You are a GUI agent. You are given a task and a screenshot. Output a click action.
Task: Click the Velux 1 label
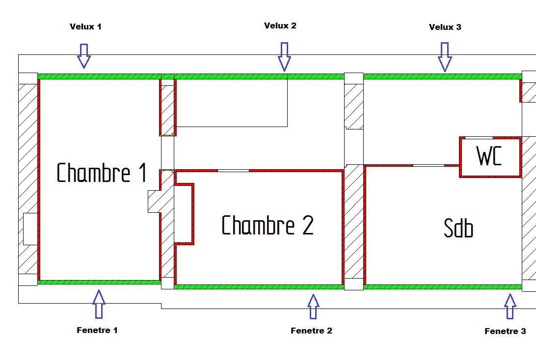[x=85, y=26]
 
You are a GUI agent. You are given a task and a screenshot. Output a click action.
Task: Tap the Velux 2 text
[x=280, y=26]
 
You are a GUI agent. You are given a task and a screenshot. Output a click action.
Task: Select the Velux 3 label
[x=445, y=27]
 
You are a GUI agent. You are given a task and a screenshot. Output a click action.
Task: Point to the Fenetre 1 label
[x=97, y=330]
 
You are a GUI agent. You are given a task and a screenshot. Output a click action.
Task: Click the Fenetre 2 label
[x=311, y=331]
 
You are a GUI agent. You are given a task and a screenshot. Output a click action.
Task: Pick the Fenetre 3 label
[x=505, y=331]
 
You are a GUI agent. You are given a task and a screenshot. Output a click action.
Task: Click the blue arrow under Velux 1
[x=84, y=55]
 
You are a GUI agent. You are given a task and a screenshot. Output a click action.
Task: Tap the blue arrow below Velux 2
[x=284, y=56]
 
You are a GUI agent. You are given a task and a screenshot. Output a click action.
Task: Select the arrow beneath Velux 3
[x=445, y=56]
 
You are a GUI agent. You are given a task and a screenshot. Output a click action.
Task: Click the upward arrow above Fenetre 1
[x=99, y=304]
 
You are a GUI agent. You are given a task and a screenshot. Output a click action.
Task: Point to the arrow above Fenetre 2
[x=313, y=306]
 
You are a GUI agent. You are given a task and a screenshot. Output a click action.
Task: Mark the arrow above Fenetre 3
[x=510, y=306]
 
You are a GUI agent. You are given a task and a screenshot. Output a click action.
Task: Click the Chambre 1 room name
[x=102, y=173]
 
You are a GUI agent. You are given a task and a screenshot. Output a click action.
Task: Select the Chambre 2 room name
[x=268, y=226]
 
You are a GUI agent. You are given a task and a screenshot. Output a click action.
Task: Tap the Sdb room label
[x=458, y=228]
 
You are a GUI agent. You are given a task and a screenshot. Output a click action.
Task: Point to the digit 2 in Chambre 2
[x=307, y=226]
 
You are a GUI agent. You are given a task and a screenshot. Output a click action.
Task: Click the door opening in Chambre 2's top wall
[x=233, y=170]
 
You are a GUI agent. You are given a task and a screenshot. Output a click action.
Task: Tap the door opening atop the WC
[x=479, y=138]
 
